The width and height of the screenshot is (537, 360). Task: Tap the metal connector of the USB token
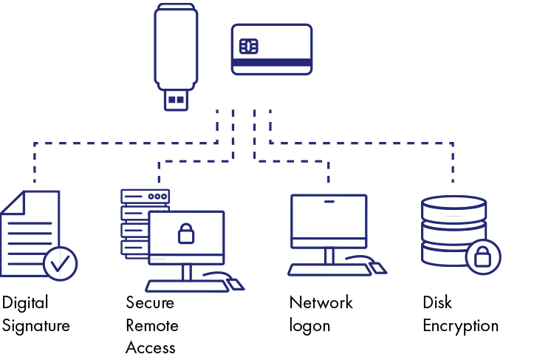coord(176,99)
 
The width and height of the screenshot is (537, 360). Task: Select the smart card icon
coord(271,49)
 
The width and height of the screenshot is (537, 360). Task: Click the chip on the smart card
coord(249,47)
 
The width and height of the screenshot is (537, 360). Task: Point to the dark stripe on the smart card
coord(271,62)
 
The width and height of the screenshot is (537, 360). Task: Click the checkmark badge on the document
coord(60,263)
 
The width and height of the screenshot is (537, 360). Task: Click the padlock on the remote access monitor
coord(186,233)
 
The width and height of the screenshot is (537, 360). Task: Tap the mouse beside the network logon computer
coord(377,267)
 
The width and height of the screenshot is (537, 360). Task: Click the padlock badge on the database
coord(482,257)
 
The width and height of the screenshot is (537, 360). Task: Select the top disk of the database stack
coord(453,208)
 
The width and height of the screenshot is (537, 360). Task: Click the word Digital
coord(25,303)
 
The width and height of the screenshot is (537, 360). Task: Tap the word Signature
coord(35,326)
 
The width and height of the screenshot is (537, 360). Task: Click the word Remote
coord(152,326)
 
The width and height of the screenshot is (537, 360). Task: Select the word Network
coord(321,303)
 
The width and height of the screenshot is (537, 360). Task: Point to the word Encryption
coord(460,326)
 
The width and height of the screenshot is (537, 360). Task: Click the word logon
coord(309,326)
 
